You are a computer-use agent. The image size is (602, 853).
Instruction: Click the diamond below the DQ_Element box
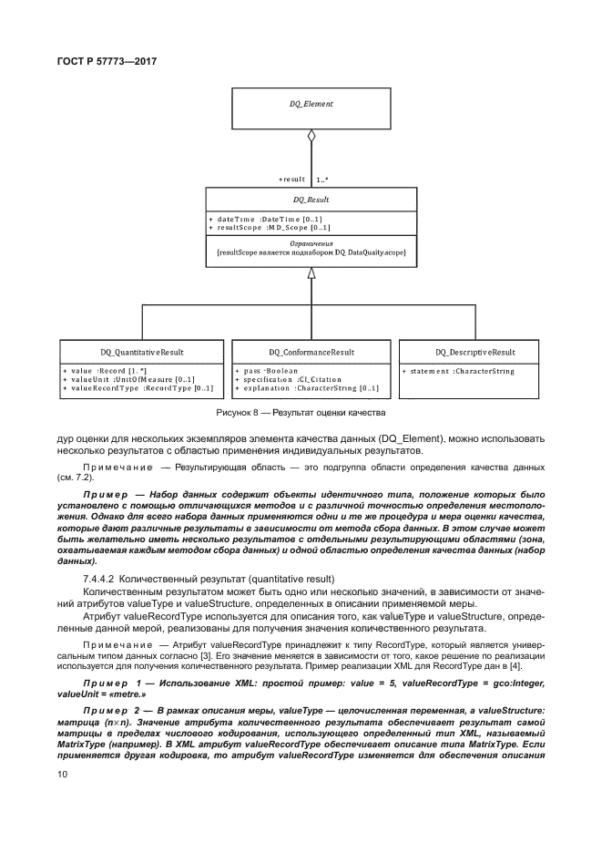[311, 139]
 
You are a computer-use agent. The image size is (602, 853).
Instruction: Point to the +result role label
[291, 180]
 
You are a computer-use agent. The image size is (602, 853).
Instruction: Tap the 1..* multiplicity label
[321, 180]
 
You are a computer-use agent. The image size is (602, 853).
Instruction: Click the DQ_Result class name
[311, 199]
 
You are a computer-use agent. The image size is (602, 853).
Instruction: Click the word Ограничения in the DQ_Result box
[311, 243]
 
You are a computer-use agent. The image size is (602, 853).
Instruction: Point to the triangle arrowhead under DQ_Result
[311, 272]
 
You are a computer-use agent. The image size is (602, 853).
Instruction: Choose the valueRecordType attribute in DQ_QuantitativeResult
[138, 388]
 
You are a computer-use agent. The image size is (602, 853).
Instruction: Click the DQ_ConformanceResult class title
[311, 352]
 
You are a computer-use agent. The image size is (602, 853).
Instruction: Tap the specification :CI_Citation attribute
[292, 380]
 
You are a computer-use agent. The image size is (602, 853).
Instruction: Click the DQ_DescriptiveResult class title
[474, 352]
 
